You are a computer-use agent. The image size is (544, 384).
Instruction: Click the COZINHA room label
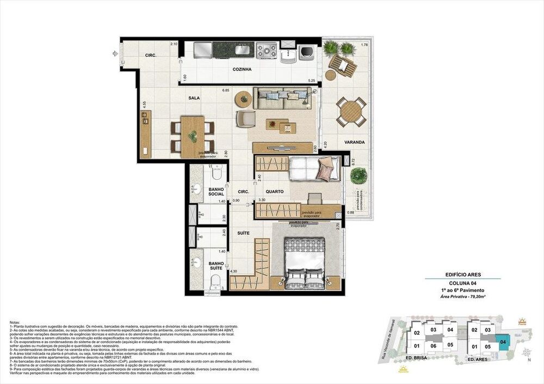click(242, 70)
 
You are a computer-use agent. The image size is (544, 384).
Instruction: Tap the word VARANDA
click(354, 143)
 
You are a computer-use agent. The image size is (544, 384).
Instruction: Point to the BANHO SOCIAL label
click(216, 192)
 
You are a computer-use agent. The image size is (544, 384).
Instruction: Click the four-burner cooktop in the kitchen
click(267, 51)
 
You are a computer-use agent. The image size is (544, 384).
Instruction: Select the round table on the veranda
click(351, 111)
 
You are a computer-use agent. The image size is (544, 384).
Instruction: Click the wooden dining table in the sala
click(193, 136)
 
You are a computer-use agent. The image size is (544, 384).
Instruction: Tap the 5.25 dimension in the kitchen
click(312, 81)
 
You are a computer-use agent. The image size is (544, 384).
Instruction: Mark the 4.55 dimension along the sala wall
click(144, 104)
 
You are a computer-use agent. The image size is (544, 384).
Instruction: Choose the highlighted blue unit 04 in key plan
click(503, 342)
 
